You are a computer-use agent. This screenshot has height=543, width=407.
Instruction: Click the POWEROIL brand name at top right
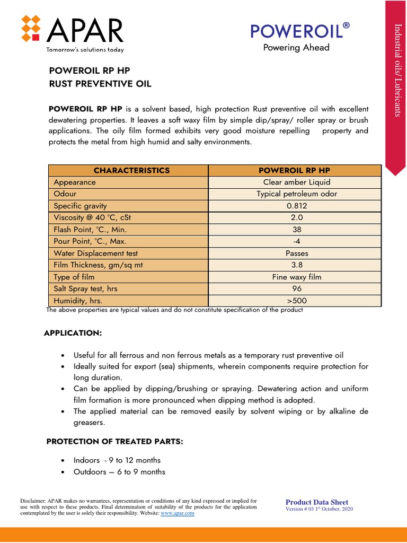(300, 32)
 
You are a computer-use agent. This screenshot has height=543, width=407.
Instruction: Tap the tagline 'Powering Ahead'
(296, 48)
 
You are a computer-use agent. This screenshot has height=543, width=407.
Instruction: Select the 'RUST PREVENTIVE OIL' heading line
(100, 84)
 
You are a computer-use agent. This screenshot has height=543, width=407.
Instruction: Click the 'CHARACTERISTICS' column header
(131, 170)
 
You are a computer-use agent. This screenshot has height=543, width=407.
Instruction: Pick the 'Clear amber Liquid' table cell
(297, 182)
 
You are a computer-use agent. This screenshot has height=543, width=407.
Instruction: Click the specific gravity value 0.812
(297, 206)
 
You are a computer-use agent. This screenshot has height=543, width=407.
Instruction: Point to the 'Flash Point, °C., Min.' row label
(90, 230)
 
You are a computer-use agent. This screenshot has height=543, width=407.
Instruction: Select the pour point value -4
(297, 241)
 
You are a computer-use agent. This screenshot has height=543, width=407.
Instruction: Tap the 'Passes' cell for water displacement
(297, 253)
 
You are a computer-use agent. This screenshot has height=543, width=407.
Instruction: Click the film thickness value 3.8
(297, 265)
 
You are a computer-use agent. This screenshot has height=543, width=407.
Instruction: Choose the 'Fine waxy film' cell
(297, 277)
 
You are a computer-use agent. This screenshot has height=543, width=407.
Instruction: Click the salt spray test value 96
(297, 289)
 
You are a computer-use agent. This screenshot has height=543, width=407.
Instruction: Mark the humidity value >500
(297, 301)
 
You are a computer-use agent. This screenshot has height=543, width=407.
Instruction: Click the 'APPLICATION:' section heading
(72, 332)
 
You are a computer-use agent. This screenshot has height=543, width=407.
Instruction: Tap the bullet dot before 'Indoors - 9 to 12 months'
(64, 460)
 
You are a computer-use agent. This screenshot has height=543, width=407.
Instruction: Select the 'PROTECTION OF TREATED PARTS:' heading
(114, 442)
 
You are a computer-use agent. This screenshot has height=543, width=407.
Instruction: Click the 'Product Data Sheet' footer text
(317, 502)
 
